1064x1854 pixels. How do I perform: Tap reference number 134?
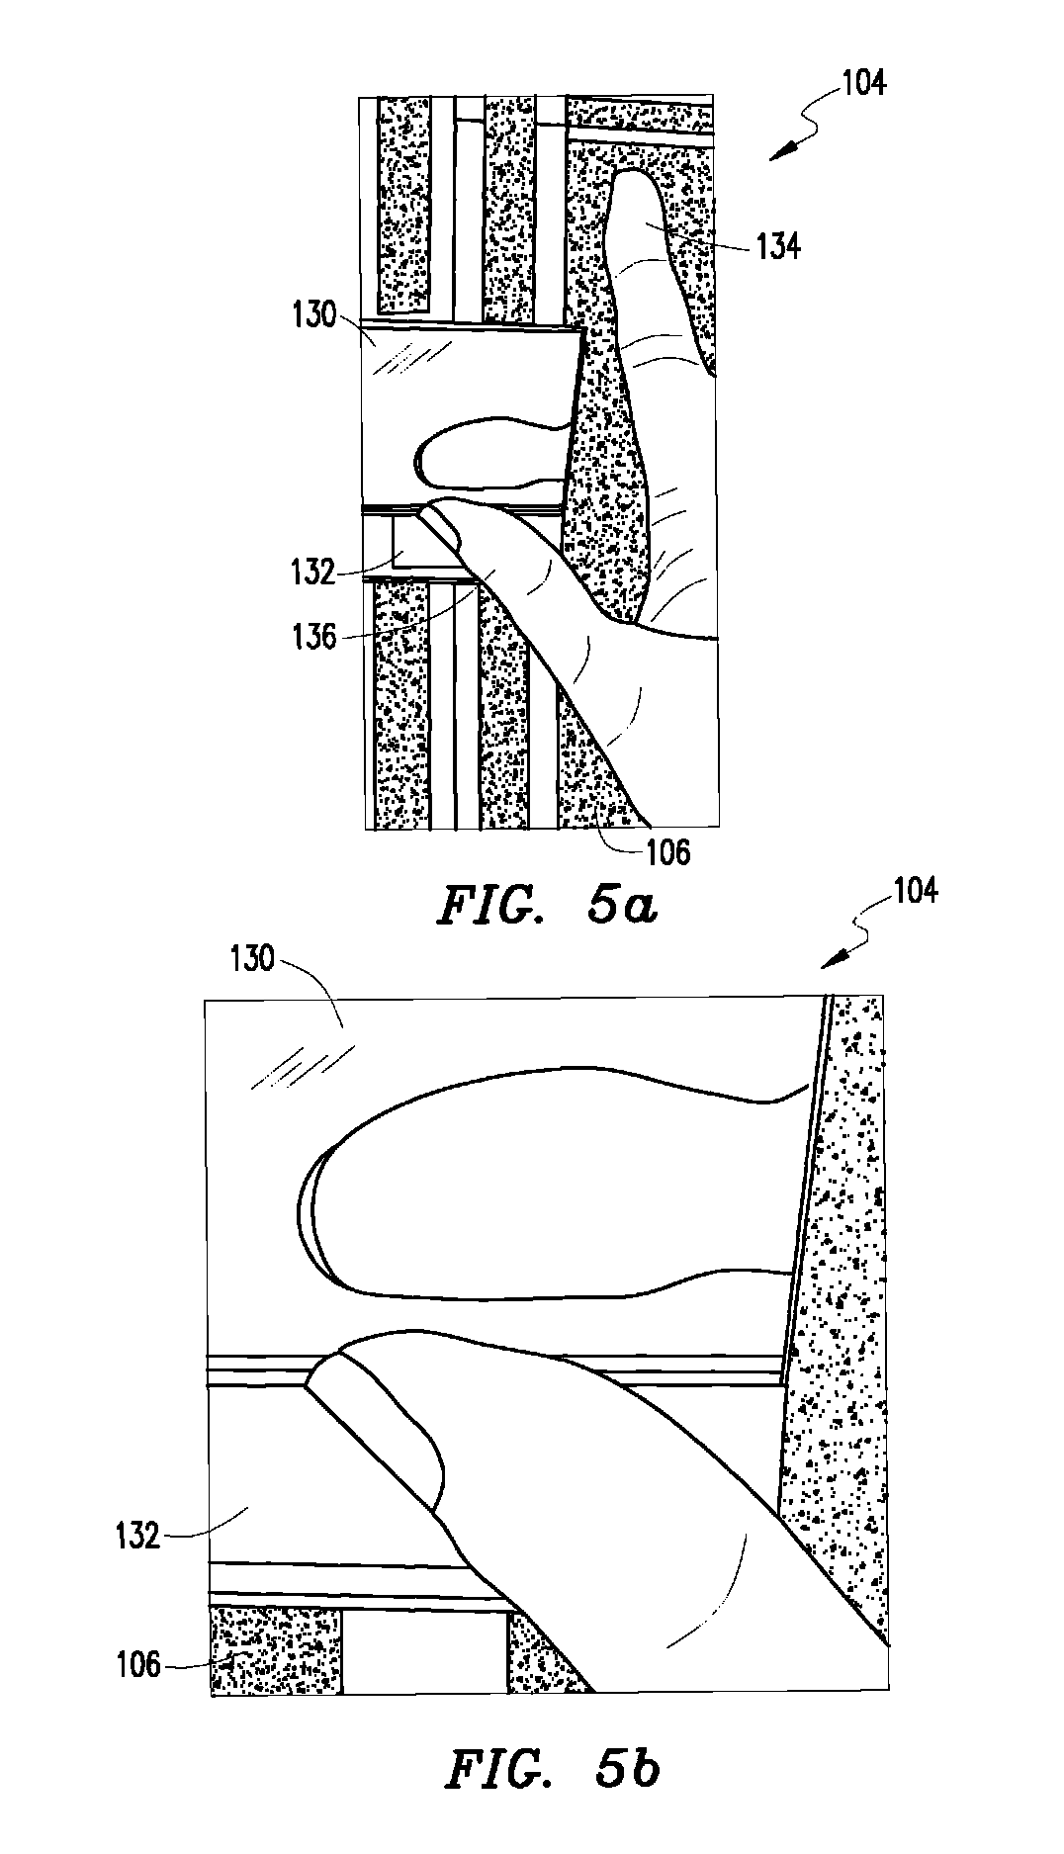pyautogui.click(x=778, y=245)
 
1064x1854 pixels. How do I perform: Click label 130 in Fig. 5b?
pyautogui.click(x=251, y=959)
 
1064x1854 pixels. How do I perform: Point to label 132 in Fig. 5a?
pyautogui.click(x=314, y=573)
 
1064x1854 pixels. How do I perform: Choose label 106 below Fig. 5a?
pyautogui.click(x=668, y=851)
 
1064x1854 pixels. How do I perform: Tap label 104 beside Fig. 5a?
pyautogui.click(x=864, y=83)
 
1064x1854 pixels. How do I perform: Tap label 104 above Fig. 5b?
pyautogui.click(x=915, y=892)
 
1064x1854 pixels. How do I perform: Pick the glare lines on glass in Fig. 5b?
pyautogui.click(x=302, y=1069)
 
